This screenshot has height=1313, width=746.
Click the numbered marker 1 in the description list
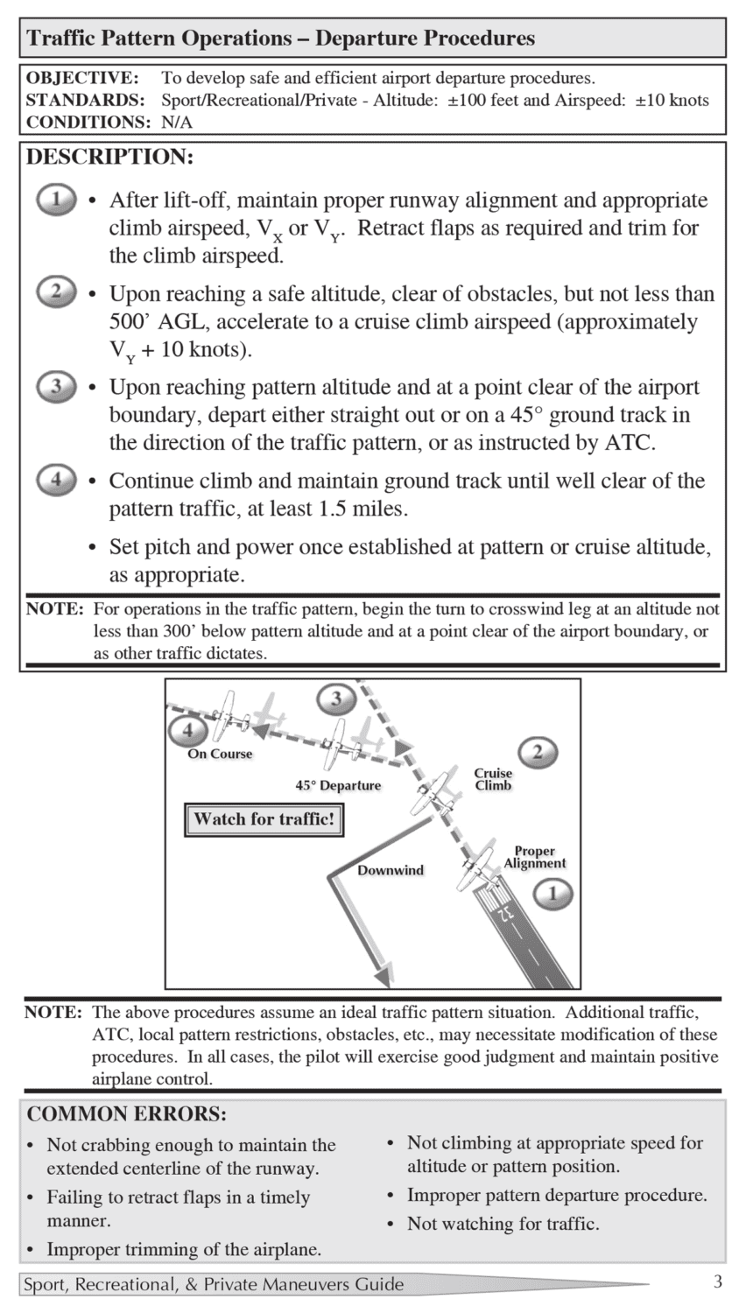(56, 200)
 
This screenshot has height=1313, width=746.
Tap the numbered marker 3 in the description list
(56, 386)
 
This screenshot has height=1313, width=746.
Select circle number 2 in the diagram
(538, 752)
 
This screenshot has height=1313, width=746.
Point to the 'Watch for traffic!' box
(264, 820)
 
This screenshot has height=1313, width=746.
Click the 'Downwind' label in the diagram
(390, 870)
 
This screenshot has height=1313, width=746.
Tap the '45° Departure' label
(338, 785)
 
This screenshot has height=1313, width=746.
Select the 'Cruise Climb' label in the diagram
(493, 779)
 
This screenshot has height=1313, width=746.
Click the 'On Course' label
(220, 754)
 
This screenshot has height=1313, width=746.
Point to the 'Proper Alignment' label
(534, 857)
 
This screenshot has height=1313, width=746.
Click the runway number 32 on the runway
(505, 913)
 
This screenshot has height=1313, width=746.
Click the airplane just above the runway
(474, 867)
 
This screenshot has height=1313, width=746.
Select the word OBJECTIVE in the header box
(81, 78)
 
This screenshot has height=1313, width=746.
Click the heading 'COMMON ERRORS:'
(127, 1114)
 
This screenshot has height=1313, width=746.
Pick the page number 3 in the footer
(717, 1282)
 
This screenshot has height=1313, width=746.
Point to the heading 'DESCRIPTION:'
(109, 158)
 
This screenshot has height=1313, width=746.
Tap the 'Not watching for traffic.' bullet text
(503, 1224)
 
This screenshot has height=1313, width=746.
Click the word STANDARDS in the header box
(85, 100)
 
